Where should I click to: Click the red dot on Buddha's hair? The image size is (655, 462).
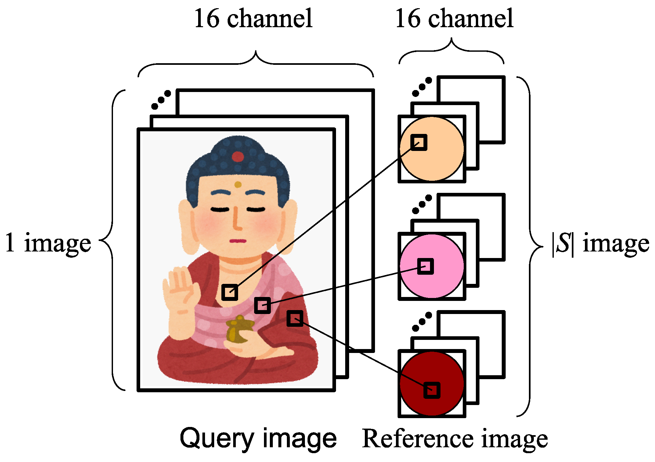click(x=238, y=157)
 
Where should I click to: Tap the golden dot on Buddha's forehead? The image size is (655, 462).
click(x=238, y=185)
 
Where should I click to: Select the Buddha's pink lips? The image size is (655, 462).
click(x=238, y=241)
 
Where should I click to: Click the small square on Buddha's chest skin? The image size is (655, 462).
click(x=230, y=292)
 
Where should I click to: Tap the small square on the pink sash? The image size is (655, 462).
click(x=262, y=305)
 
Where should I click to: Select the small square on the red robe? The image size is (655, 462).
click(x=295, y=318)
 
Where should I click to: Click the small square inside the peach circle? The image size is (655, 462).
click(x=419, y=142)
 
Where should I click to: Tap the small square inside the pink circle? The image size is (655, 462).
click(x=425, y=266)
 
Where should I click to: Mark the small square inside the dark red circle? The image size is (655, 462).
click(x=432, y=390)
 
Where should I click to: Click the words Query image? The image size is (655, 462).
click(x=258, y=438)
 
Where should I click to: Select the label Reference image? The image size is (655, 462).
click(x=455, y=438)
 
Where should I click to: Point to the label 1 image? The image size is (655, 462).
click(x=48, y=243)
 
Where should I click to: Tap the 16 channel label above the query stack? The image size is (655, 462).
click(x=253, y=19)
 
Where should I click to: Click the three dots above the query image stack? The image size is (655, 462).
click(x=161, y=100)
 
